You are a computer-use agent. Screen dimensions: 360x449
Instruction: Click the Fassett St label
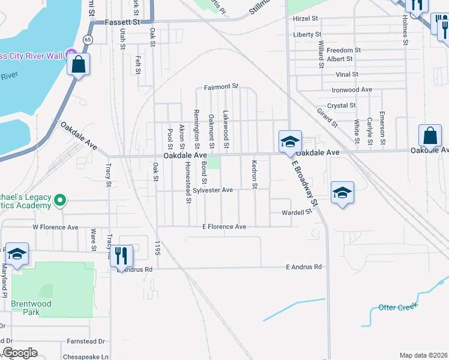(122, 22)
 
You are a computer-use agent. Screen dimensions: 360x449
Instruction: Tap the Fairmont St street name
(221, 87)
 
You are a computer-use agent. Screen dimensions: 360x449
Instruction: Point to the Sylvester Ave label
(212, 190)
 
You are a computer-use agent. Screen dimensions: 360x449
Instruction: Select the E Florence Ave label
(224, 227)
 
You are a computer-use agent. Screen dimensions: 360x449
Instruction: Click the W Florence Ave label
(55, 227)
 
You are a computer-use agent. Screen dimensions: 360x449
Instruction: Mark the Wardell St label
(298, 212)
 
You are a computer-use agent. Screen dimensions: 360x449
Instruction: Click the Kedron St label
(255, 174)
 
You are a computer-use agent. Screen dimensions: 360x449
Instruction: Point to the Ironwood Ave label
(352, 90)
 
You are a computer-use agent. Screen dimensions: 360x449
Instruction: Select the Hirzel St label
(307, 19)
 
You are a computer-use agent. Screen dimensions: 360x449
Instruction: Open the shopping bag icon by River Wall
(79, 64)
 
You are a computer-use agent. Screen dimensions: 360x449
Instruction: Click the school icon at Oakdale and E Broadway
(289, 142)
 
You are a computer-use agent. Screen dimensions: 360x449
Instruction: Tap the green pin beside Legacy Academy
(59, 200)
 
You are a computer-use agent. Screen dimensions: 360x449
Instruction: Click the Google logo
(20, 353)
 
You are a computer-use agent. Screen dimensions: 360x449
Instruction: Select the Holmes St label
(405, 29)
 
